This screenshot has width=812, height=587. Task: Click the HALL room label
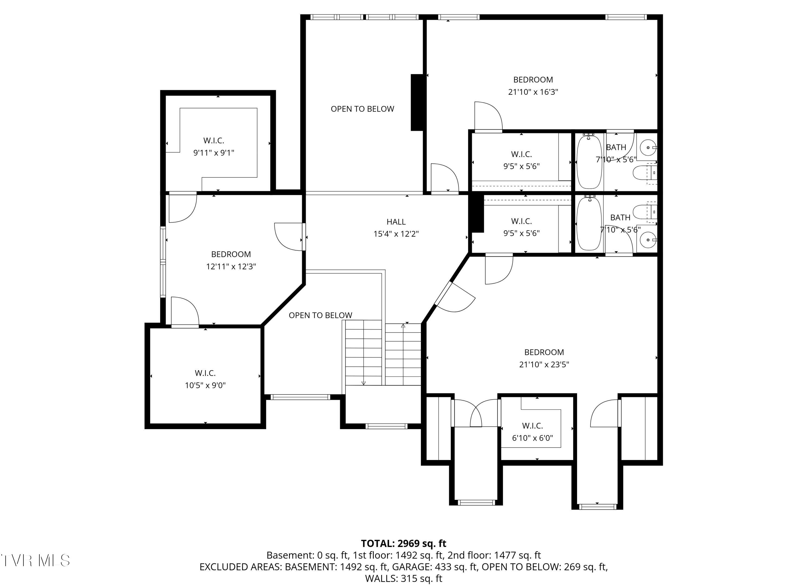(396, 222)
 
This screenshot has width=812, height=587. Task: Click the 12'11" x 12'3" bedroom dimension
(231, 266)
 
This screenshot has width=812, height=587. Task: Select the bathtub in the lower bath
(589, 224)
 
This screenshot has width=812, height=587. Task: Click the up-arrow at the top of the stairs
(403, 326)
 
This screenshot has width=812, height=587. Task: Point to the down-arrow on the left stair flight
(364, 383)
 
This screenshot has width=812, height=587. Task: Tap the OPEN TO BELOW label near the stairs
(320, 315)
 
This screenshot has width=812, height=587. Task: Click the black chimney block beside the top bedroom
(417, 102)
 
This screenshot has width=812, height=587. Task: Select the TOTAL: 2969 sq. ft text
(404, 543)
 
